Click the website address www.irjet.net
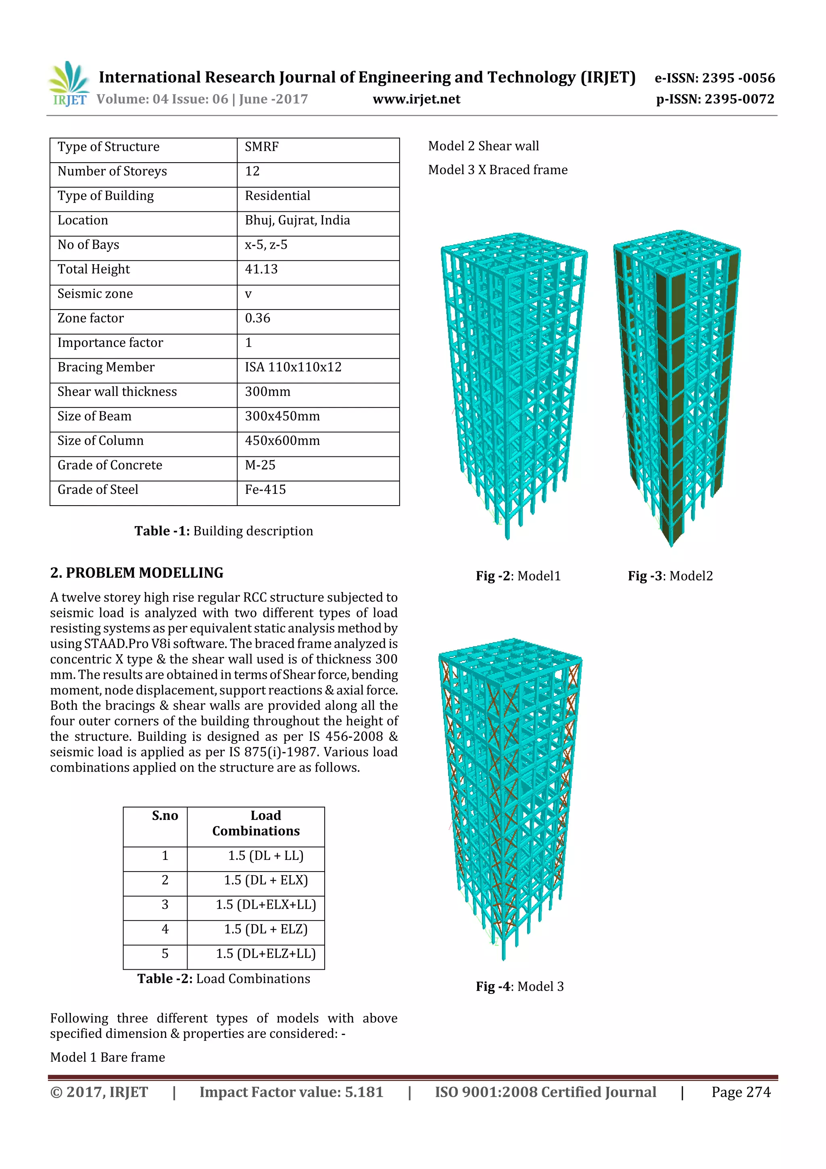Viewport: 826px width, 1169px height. (x=416, y=99)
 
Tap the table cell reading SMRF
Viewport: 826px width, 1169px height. (x=262, y=147)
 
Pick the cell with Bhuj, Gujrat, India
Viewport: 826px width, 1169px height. (x=297, y=220)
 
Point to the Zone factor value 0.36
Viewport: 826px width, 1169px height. (x=258, y=318)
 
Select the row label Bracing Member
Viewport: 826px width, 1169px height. (x=106, y=367)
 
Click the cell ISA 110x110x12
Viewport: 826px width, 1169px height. (x=293, y=367)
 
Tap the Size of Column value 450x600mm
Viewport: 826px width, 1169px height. (x=282, y=440)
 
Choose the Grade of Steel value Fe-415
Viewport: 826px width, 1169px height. (x=265, y=489)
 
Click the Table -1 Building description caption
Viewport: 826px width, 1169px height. (x=223, y=531)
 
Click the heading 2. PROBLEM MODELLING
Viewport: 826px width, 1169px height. (x=136, y=573)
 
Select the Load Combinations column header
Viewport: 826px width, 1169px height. (x=256, y=823)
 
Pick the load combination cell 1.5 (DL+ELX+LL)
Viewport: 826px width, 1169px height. (x=266, y=905)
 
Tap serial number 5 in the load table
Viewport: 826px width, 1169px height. (x=165, y=954)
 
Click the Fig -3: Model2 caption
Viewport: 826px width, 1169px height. (x=670, y=576)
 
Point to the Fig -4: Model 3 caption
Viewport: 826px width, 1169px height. (x=519, y=987)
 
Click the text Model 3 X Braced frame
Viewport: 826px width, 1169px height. (x=497, y=170)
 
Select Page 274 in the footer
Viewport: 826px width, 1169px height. (x=740, y=1092)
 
